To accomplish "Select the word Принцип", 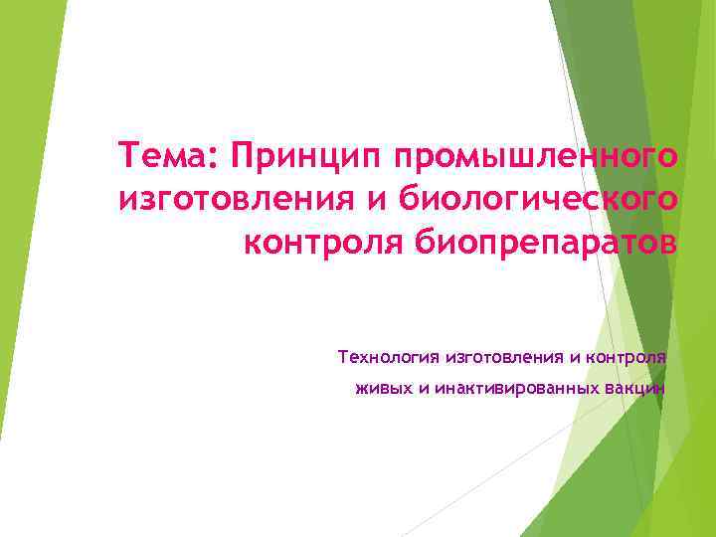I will coord(304,156).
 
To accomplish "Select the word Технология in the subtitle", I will coord(389,356).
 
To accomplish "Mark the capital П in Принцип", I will coord(241,156).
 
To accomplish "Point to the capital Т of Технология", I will coord(343,356).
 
